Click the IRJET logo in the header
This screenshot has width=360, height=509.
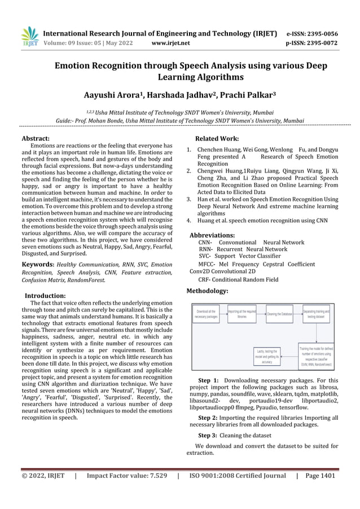(29, 37)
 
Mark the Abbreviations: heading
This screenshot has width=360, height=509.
(220, 234)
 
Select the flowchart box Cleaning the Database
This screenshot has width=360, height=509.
(279, 314)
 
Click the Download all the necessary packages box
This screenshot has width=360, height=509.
(206, 314)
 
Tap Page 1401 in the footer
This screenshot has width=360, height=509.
(320, 476)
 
